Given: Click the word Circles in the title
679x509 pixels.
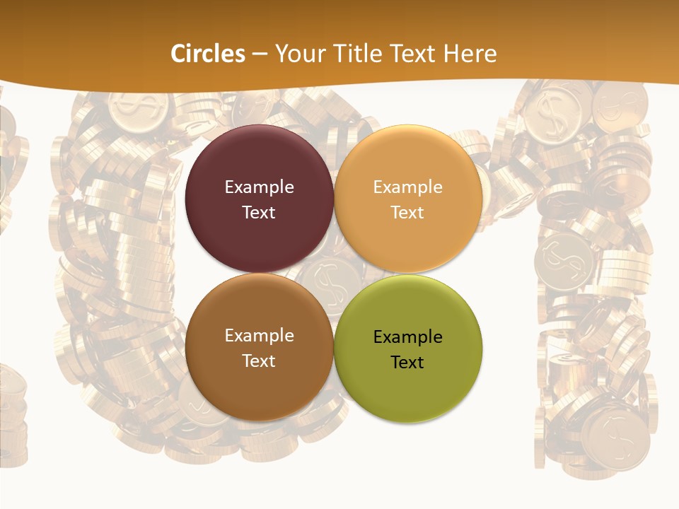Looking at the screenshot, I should [x=208, y=54].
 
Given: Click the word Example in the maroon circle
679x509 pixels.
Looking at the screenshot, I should [x=259, y=187].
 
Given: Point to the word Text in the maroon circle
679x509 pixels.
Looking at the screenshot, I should [x=259, y=212].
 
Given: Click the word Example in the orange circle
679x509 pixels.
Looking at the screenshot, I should [x=407, y=187].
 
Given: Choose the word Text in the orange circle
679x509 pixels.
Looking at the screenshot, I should [x=407, y=212].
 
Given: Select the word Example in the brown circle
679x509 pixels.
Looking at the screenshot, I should [x=259, y=336].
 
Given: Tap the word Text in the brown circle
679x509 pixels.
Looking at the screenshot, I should [x=259, y=361].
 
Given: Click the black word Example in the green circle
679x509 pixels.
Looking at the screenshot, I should [x=407, y=337].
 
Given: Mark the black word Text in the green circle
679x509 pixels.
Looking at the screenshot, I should [x=407, y=362].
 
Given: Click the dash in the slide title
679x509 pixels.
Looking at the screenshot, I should [x=260, y=54].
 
